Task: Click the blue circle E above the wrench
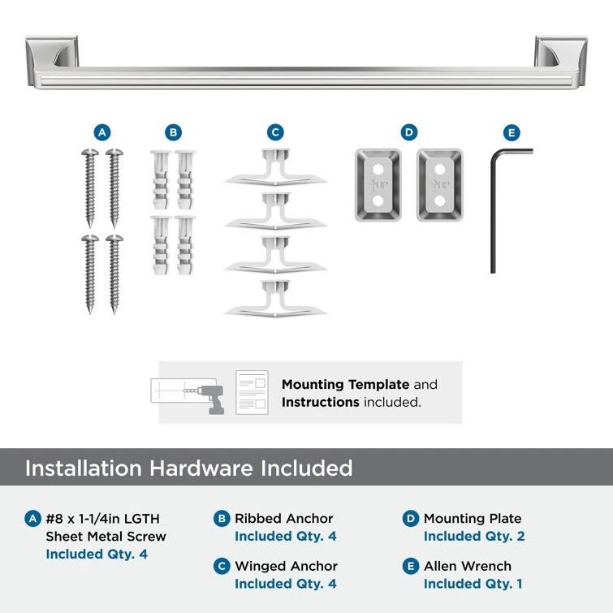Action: point(511,132)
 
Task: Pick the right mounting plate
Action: point(439,184)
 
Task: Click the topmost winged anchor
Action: point(275,169)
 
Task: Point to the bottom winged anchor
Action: point(275,300)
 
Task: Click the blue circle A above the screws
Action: point(101,132)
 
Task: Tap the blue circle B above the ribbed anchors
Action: point(173,132)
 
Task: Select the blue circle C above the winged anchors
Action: point(275,132)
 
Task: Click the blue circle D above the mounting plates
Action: point(408,132)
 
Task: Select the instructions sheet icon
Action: point(252,392)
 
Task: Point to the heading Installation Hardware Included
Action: point(188,468)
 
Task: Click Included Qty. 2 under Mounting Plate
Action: point(473,536)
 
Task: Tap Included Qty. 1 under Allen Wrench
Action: point(473,584)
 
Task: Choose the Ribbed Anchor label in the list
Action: point(283,518)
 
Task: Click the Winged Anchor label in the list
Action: point(286,566)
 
